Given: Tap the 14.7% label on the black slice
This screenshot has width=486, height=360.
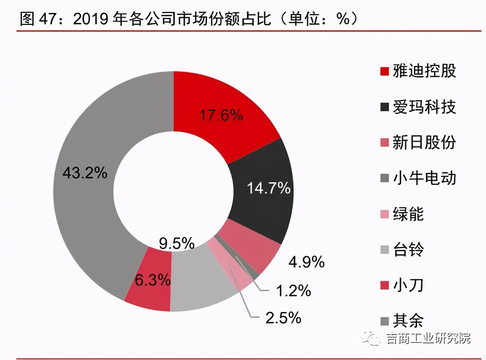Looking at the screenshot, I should [x=269, y=188].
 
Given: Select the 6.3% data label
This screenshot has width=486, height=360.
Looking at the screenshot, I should [x=152, y=280].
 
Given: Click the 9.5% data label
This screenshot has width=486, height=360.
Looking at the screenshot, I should [x=177, y=243].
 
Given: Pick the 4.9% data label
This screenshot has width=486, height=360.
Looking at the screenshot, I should [x=306, y=261].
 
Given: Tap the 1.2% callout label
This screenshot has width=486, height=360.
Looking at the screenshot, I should [x=293, y=291].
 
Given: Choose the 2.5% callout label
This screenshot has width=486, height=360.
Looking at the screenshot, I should [x=283, y=318].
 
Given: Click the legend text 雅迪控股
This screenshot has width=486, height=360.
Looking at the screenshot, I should [x=424, y=71].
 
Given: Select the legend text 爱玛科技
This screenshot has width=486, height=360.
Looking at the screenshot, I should [x=424, y=107].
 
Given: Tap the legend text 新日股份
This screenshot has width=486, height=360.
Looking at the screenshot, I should [x=424, y=143].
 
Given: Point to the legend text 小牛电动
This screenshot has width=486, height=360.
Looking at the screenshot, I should [x=424, y=178].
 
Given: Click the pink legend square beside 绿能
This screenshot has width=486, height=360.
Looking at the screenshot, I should [x=384, y=214].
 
